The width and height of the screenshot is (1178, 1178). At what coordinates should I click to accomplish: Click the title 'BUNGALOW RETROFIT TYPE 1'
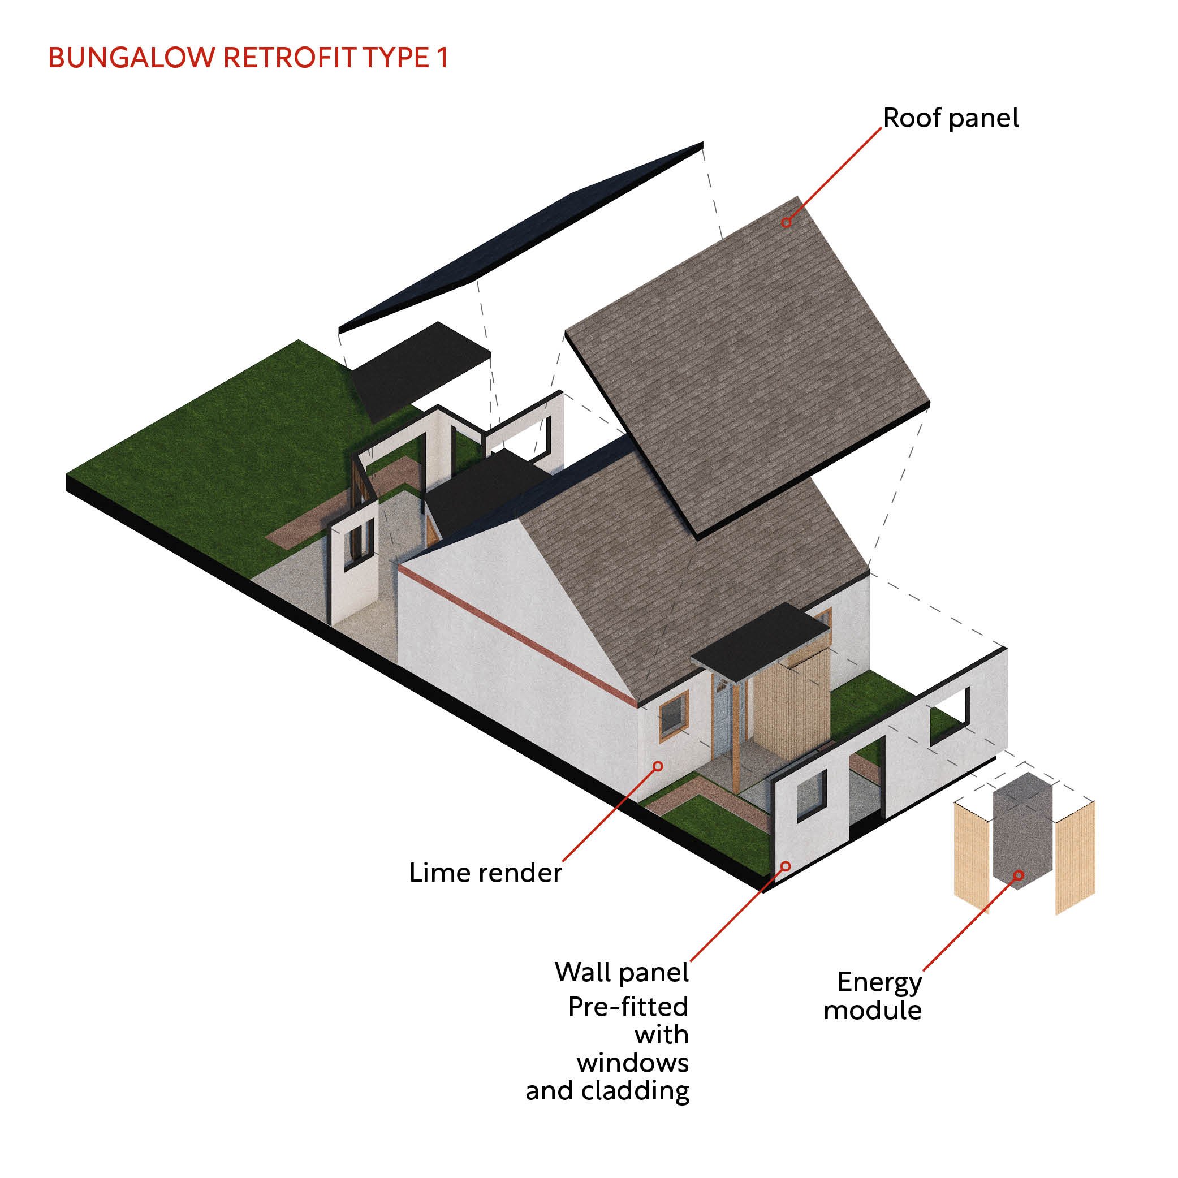(248, 58)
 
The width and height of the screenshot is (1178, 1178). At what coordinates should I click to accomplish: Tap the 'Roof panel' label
(950, 118)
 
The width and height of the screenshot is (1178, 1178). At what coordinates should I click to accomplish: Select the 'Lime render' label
(485, 873)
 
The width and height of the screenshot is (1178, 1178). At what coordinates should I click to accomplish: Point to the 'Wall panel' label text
(622, 972)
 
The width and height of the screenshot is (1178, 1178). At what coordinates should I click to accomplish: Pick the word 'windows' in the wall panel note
(633, 1063)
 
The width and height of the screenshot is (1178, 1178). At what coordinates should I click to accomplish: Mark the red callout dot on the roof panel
(787, 223)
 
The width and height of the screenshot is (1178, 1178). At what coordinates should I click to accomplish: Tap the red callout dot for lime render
(658, 766)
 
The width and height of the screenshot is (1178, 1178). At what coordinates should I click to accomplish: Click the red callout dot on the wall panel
(786, 866)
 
